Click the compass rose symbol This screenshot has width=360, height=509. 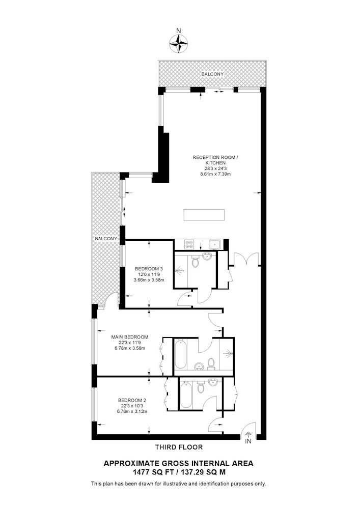(x=179, y=43)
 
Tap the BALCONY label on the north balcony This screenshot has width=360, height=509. (x=213, y=74)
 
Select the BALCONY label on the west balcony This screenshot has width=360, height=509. (x=106, y=239)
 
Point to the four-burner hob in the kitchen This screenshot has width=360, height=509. (x=189, y=244)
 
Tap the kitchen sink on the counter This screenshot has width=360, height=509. (x=215, y=244)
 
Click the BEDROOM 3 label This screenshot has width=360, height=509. (x=149, y=269)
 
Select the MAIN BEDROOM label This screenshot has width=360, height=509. (x=130, y=337)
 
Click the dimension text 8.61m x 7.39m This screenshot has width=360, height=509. (x=215, y=174)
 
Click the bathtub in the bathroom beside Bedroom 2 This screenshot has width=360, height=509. (x=186, y=395)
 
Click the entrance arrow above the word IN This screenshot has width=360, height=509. (x=248, y=435)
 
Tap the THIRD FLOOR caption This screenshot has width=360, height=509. (x=179, y=447)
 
